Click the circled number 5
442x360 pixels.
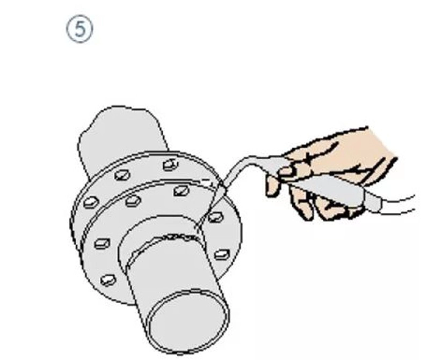click(79, 30)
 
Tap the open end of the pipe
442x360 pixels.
click(188, 322)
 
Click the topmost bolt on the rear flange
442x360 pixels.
click(171, 165)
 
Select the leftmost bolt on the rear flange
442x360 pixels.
click(91, 202)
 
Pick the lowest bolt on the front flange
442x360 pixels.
click(108, 280)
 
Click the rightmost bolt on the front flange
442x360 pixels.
click(222, 255)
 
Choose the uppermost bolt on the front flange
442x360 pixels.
click(181, 190)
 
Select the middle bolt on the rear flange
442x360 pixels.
click(122, 175)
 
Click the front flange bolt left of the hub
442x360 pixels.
click(102, 244)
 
